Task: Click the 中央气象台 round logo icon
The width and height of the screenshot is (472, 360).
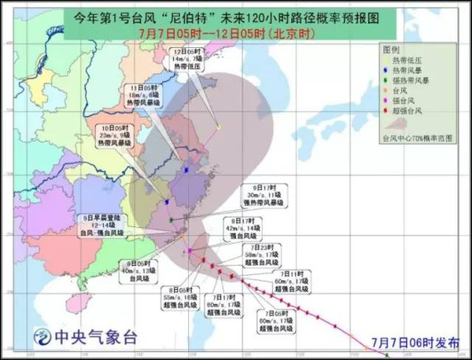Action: [x=39, y=338]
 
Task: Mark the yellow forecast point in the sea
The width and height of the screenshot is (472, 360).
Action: [x=218, y=127]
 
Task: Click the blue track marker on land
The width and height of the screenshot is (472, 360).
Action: [x=186, y=170]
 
